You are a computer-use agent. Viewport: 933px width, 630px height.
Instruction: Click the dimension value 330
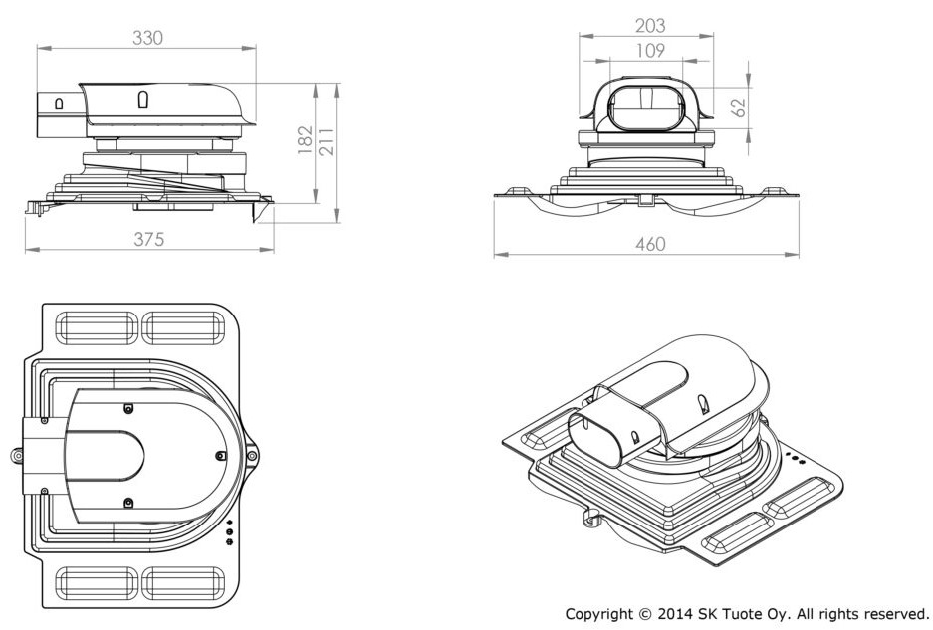pos(147,38)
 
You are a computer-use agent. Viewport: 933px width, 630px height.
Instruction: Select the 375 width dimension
pos(148,239)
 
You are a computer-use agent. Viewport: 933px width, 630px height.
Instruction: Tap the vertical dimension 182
pos(306,139)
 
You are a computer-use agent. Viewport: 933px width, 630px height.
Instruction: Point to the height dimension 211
pos(327,141)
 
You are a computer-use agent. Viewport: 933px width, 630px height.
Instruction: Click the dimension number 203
pos(650,26)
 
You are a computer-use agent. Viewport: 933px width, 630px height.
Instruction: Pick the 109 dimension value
pos(650,51)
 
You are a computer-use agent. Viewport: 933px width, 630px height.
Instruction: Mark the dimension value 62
pos(738,107)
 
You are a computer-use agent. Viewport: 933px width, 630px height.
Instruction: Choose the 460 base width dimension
pos(650,244)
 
